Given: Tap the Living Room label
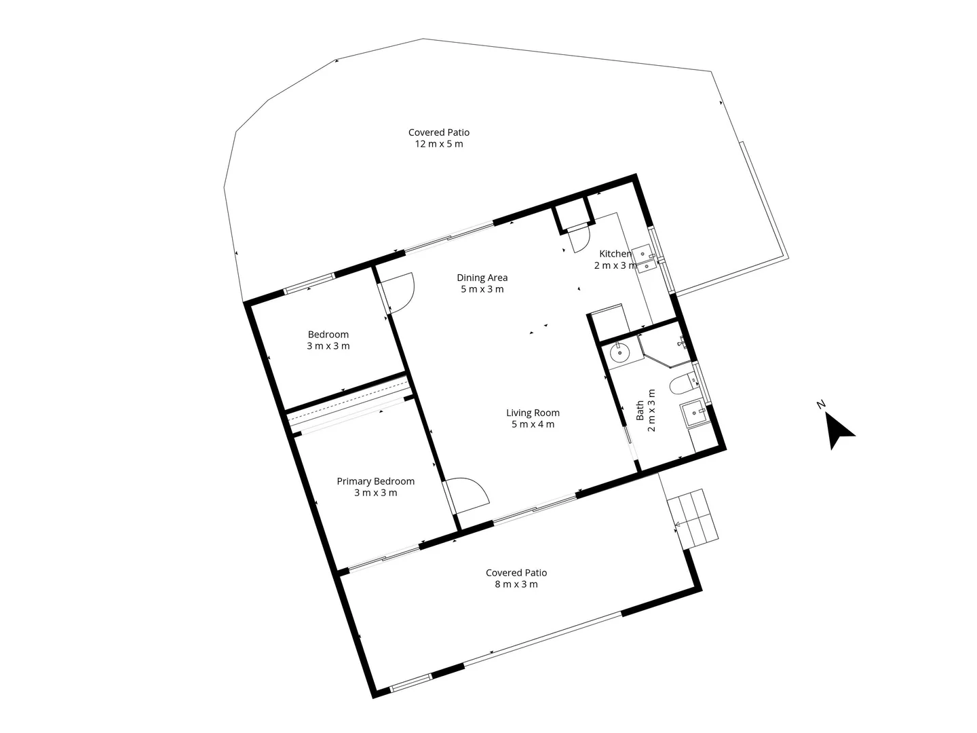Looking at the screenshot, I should [533, 413].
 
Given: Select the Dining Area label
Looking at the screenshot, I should [482, 278].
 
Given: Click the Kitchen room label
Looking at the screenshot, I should [615, 254].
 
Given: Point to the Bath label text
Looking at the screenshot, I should [640, 411].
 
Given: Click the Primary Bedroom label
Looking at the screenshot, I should [375, 481].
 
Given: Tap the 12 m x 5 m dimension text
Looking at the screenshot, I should [438, 144].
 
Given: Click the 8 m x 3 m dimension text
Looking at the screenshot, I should [516, 584].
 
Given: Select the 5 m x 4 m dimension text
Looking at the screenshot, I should [533, 425].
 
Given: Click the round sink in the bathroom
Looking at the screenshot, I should [620, 353].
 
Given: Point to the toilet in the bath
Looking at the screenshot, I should [681, 386].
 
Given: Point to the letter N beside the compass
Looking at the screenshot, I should [821, 405].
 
